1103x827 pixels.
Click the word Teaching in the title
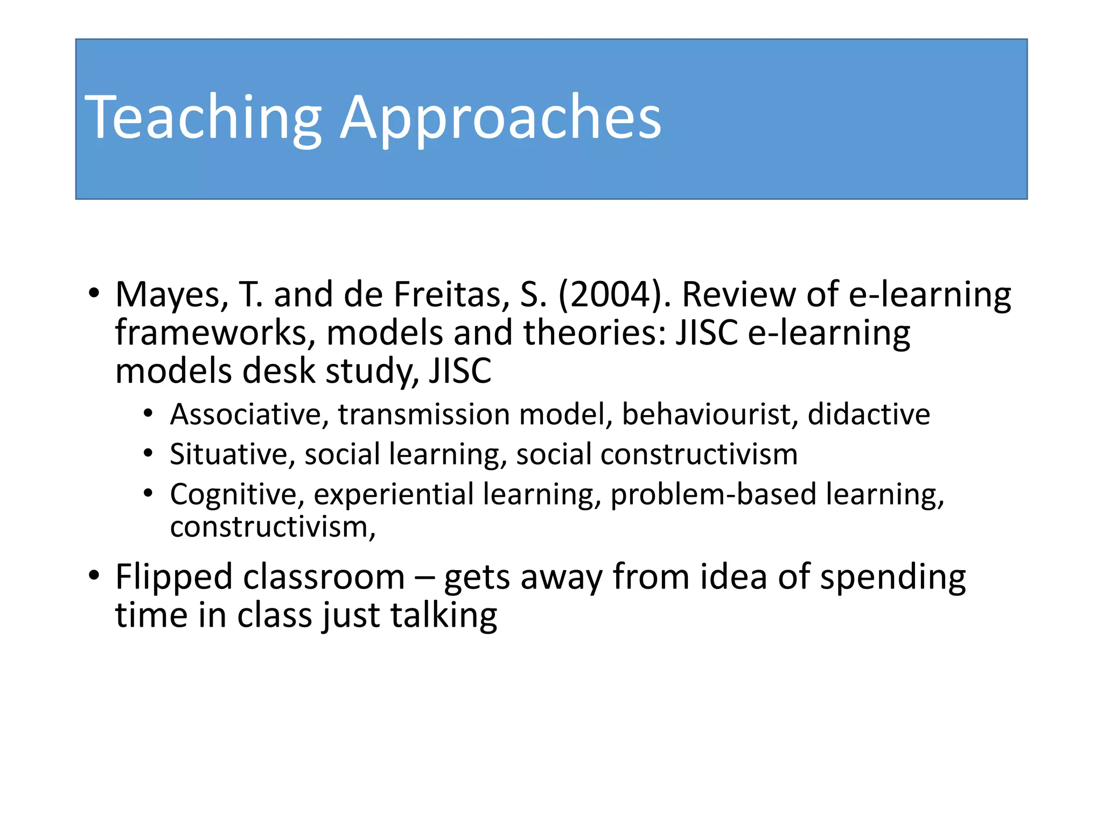point(203,117)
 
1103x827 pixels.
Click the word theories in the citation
point(595,333)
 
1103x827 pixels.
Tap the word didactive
point(869,415)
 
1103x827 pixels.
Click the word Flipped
point(173,577)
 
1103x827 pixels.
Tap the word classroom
point(324,577)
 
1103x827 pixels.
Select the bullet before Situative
point(149,453)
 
